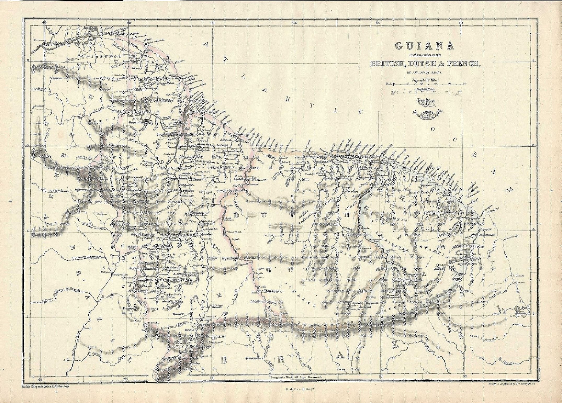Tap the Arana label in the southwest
coord(69,360)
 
